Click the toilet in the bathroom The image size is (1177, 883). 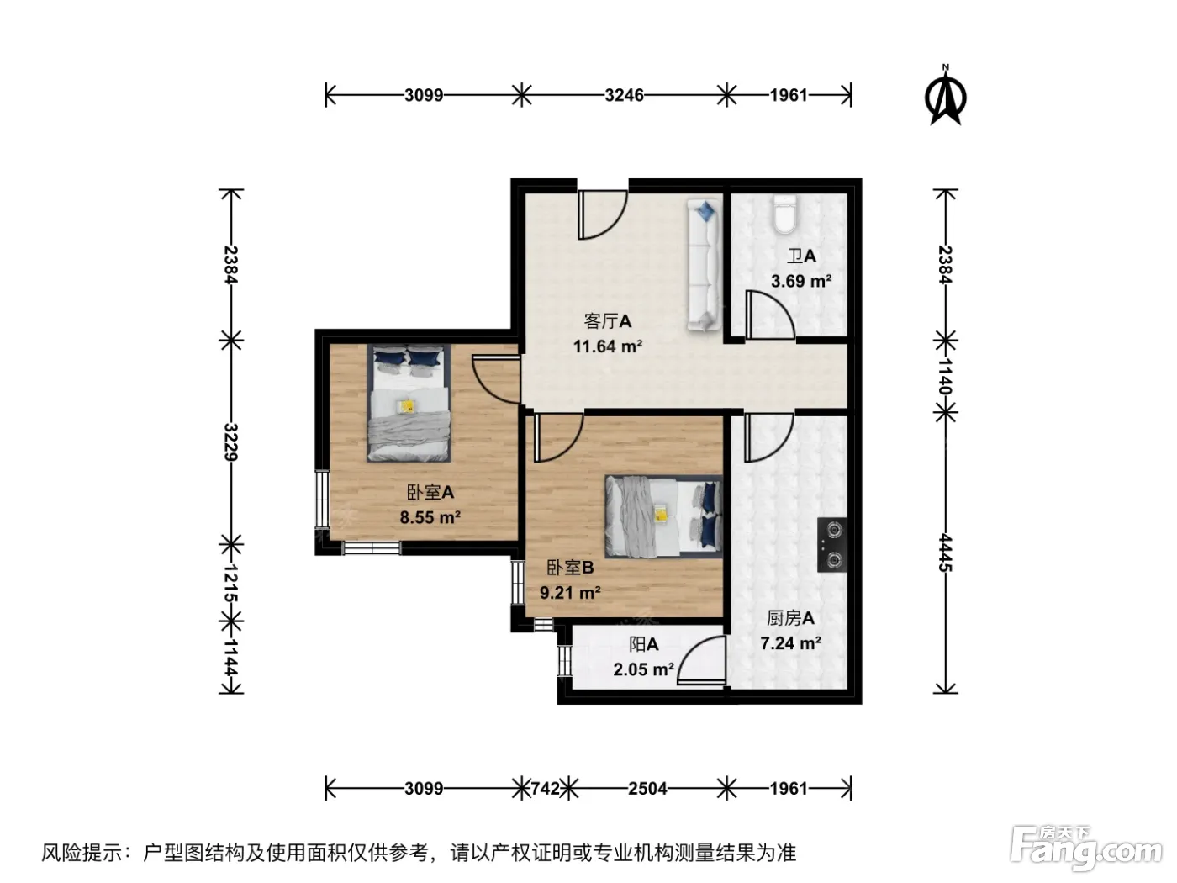785,214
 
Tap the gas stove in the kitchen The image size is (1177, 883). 831,545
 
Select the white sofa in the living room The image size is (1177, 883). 704,265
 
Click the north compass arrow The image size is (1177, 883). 945,97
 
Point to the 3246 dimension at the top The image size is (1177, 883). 624,95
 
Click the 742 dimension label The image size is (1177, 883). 545,789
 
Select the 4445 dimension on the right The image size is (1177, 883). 945,553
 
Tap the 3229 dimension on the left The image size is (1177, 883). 230,442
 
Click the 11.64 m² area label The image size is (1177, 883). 608,346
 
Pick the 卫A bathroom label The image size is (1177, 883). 801,256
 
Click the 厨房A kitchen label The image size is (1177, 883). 790,618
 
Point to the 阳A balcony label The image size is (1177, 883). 643,644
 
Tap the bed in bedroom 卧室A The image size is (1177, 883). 408,403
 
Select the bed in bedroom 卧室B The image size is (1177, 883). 664,517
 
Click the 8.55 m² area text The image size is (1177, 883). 430,517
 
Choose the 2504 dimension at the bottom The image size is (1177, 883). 647,789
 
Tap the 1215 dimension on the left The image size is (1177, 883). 230,584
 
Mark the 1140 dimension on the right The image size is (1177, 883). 945,377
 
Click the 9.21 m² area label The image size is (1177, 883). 570,592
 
